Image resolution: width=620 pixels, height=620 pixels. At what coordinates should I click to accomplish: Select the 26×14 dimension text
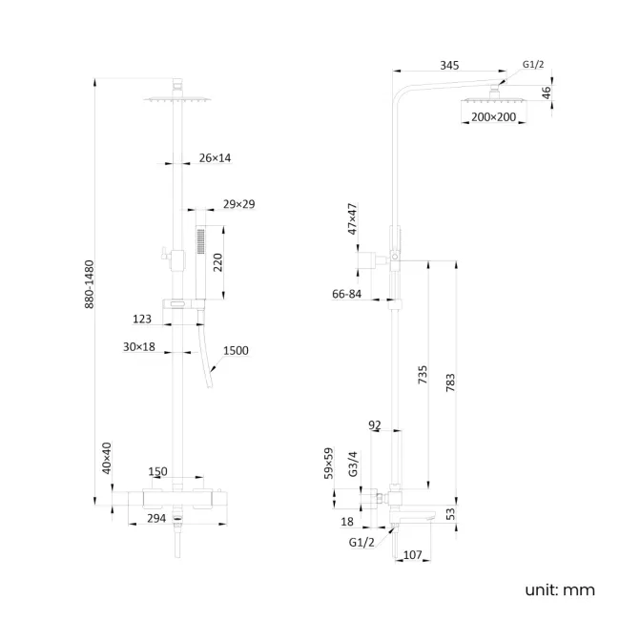[x=216, y=158]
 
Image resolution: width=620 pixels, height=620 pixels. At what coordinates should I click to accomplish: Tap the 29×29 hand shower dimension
[x=238, y=204]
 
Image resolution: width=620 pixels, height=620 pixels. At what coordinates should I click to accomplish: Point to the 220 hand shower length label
[x=217, y=262]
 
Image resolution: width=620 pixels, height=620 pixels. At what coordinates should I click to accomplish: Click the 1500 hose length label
[x=236, y=351]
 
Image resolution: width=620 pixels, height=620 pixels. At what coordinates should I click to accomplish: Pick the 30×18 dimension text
[x=138, y=347]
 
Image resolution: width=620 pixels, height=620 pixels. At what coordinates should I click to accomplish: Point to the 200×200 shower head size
[x=493, y=117]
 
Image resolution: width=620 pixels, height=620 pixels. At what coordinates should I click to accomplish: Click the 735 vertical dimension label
[x=423, y=374]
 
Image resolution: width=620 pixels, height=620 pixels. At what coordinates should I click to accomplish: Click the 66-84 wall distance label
[x=346, y=295]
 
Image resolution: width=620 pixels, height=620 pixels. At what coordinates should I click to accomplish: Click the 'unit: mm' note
[x=559, y=589]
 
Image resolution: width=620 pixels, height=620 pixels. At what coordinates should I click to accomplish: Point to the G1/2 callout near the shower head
[x=534, y=65]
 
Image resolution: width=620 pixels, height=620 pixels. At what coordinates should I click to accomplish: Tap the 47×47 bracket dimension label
[x=352, y=217]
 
